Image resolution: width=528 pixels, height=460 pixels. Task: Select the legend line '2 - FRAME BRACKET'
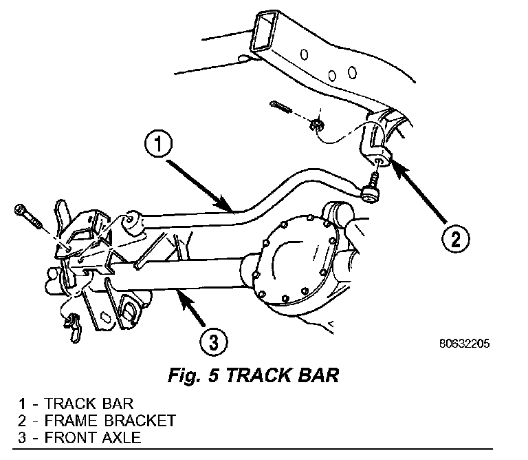pyautogui.click(x=99, y=420)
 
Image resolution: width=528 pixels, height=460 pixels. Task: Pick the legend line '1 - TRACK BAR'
pyautogui.click(x=76, y=404)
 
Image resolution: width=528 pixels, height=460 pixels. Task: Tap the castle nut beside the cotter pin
pyautogui.click(x=318, y=125)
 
